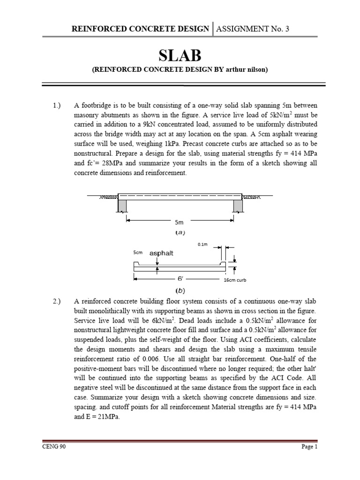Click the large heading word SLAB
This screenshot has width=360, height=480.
coord(180,56)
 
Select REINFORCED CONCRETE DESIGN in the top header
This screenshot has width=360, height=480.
coord(140,29)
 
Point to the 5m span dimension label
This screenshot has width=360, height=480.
coord(180,222)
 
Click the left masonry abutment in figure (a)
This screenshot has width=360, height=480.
coord(122,205)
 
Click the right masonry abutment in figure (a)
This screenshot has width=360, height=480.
coord(238,205)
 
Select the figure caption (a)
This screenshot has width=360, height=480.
coord(180,232)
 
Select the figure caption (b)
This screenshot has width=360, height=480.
coord(180,290)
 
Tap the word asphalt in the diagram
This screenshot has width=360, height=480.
coord(161,253)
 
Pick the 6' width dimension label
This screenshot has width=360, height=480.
coord(180,278)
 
